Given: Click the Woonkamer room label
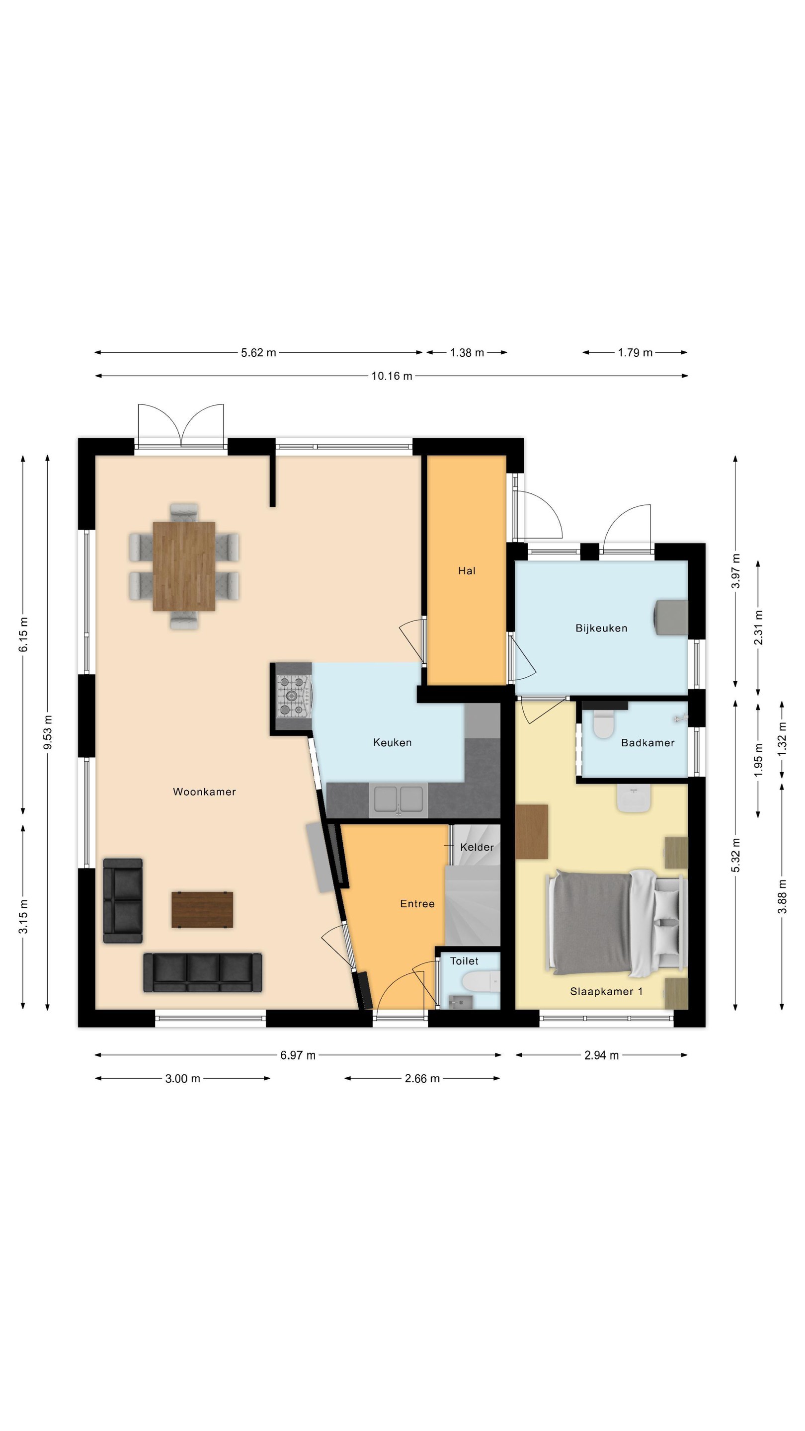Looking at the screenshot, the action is [204, 792].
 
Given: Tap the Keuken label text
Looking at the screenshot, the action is [392, 742].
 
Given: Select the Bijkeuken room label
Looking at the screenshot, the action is [601, 628].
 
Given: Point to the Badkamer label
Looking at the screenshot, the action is [648, 743].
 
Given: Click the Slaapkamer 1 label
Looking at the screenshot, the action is [606, 991].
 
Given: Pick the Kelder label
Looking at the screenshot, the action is [477, 847].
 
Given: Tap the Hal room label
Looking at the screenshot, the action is [467, 570].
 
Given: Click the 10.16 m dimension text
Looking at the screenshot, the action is [392, 376].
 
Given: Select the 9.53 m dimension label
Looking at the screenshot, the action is [48, 732].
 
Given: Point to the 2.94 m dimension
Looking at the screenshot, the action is [601, 1055].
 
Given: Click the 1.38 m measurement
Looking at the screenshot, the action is [467, 353].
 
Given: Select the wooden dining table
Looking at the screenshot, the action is [184, 566].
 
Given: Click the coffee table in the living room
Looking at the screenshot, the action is [202, 909].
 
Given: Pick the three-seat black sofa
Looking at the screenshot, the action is [203, 973].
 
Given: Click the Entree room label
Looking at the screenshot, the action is [417, 904].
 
